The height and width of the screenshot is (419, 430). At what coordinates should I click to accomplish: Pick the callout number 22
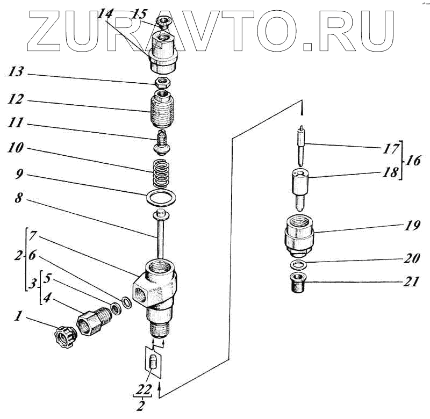click(140, 388)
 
